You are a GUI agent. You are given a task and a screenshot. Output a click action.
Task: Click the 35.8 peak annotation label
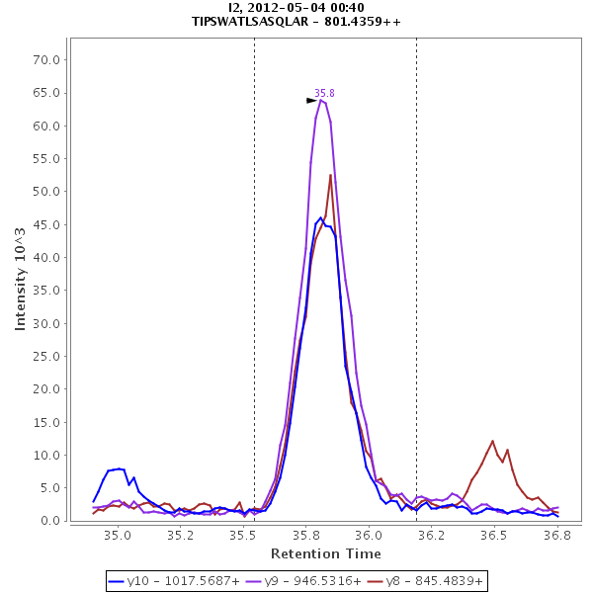point(324,93)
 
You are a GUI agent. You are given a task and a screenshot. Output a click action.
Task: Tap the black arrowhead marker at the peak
point(311,100)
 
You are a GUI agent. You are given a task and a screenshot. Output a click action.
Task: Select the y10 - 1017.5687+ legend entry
point(166,581)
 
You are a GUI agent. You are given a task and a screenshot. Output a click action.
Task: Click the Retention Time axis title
point(325,553)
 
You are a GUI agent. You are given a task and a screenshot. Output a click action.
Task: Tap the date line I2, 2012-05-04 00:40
point(296,8)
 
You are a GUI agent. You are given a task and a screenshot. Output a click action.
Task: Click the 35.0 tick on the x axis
point(118,536)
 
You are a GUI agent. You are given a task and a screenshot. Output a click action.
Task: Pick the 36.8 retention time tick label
point(557,536)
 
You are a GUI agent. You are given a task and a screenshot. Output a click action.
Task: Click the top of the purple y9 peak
point(320,99)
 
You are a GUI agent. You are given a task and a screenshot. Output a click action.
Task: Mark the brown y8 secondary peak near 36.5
point(492,441)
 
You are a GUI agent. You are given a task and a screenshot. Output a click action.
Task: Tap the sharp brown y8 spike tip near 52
point(330,175)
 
